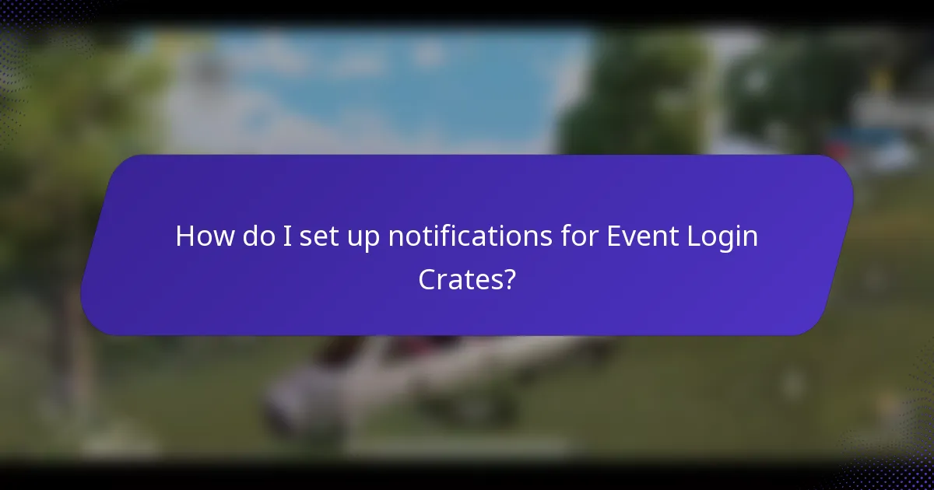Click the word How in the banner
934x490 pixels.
(202, 236)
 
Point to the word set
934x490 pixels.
(315, 236)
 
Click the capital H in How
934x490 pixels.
(184, 236)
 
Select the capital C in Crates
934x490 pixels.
(427, 279)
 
